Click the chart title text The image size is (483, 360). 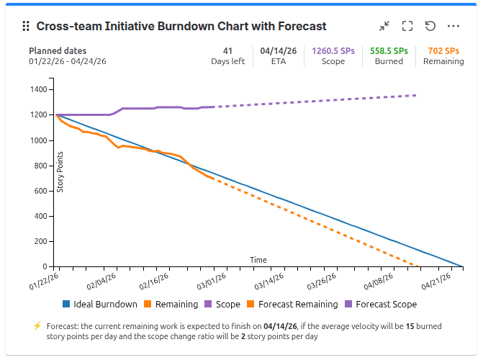[181, 27]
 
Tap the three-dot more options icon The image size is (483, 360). [453, 27]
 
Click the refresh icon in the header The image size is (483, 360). [430, 27]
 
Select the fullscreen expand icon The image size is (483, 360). [407, 27]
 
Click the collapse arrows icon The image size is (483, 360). [384, 27]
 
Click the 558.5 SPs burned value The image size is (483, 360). [389, 51]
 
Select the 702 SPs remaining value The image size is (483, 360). [443, 51]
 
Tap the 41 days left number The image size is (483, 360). [227, 51]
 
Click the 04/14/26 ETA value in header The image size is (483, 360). [274, 51]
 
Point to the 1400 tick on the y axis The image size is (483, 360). [38, 90]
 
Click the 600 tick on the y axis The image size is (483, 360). [40, 191]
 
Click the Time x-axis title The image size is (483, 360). [258, 260]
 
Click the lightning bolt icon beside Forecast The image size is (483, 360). [37, 326]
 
